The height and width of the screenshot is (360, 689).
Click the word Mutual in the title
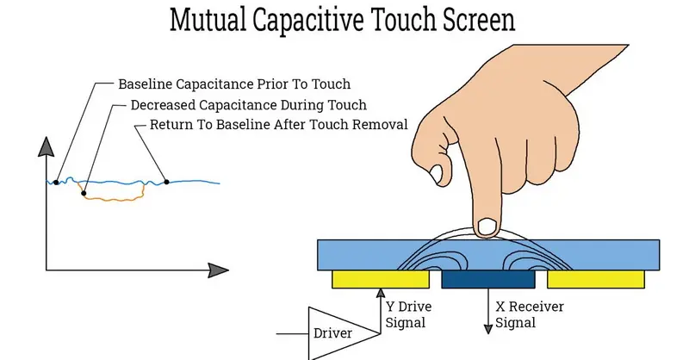click(x=208, y=20)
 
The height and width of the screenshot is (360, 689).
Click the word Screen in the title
click(x=479, y=20)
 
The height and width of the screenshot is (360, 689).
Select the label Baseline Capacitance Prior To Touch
click(x=234, y=84)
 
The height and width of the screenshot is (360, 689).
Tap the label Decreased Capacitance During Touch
click(x=248, y=105)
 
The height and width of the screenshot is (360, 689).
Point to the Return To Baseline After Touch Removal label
click(x=278, y=124)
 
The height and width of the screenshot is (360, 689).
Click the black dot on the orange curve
click(x=84, y=193)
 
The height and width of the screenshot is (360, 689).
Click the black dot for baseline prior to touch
click(x=56, y=183)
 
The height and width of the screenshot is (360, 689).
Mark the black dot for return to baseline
click(x=166, y=182)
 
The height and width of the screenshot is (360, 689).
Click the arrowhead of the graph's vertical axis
click(x=47, y=146)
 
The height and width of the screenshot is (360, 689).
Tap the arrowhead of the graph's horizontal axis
click(x=219, y=270)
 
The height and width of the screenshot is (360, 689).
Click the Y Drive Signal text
click(x=408, y=314)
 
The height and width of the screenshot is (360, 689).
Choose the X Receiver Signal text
click(x=530, y=314)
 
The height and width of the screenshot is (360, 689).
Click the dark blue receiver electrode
click(x=488, y=280)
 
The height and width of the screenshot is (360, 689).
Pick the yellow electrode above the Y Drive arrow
click(x=381, y=280)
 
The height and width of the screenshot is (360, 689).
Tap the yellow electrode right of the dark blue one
click(x=596, y=280)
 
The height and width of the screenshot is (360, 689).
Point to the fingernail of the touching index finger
click(x=487, y=227)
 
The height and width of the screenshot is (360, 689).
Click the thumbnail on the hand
click(x=437, y=174)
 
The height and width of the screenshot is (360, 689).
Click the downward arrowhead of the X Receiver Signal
click(x=487, y=329)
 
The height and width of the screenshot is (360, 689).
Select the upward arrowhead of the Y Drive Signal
click(x=381, y=293)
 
